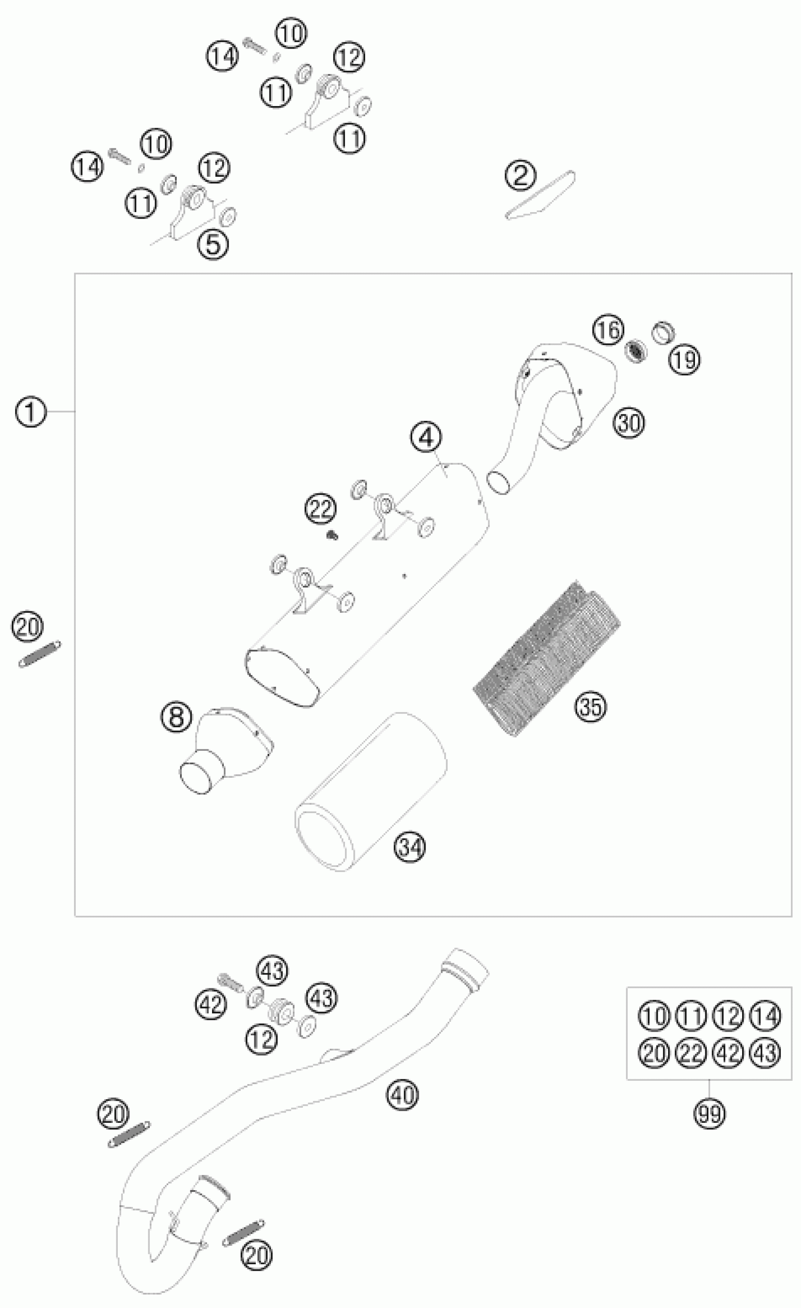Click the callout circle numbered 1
pyautogui.click(x=30, y=412)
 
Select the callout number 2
pyautogui.click(x=520, y=175)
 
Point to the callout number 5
pyautogui.click(x=213, y=244)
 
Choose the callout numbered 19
pyautogui.click(x=684, y=360)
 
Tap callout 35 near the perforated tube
pyautogui.click(x=590, y=707)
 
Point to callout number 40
pyautogui.click(x=403, y=1094)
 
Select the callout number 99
pyautogui.click(x=710, y=1113)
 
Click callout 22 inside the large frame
pyautogui.click(x=320, y=509)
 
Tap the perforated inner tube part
pyautogui.click(x=547, y=658)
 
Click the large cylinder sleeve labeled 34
pyautogui.click(x=372, y=791)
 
